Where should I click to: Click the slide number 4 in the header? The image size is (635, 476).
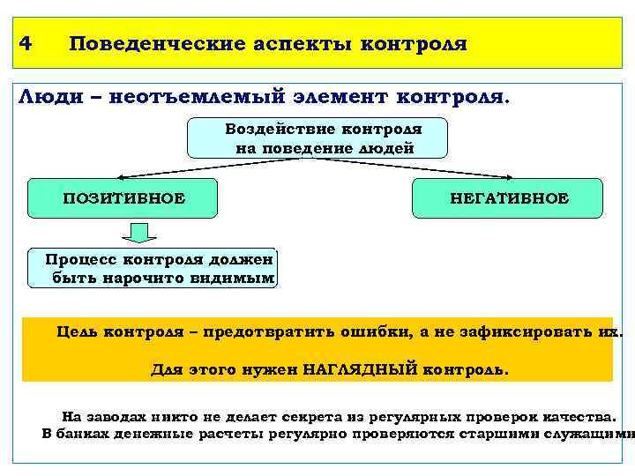point(26,42)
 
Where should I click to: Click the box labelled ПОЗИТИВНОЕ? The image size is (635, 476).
point(123,198)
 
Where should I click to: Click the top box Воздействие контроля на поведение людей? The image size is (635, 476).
point(317,138)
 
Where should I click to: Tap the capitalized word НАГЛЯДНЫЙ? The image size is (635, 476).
point(357,370)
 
